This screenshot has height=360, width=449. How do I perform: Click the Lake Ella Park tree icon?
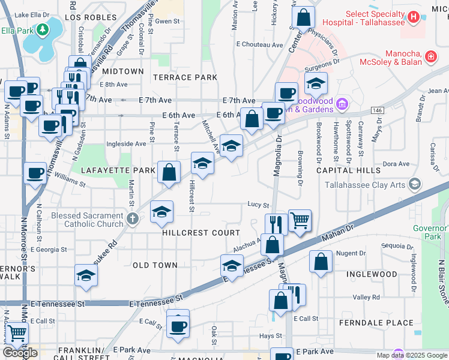42,29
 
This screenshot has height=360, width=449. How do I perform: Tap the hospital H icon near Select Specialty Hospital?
413,18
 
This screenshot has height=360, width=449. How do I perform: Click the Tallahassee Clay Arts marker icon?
414,184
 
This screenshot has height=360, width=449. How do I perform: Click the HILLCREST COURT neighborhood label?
200,233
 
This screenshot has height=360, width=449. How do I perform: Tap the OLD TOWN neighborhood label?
155,265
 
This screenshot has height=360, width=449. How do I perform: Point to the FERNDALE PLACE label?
376,323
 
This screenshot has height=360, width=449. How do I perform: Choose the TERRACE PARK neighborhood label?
185,77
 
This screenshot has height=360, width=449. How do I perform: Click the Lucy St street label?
258,205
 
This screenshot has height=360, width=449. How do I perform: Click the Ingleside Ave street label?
126,144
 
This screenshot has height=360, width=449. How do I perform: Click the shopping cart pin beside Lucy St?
300,220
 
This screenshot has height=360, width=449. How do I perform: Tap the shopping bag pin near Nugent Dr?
321,262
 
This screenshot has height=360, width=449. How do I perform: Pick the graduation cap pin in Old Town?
86,275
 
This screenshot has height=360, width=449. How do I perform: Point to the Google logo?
20,353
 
